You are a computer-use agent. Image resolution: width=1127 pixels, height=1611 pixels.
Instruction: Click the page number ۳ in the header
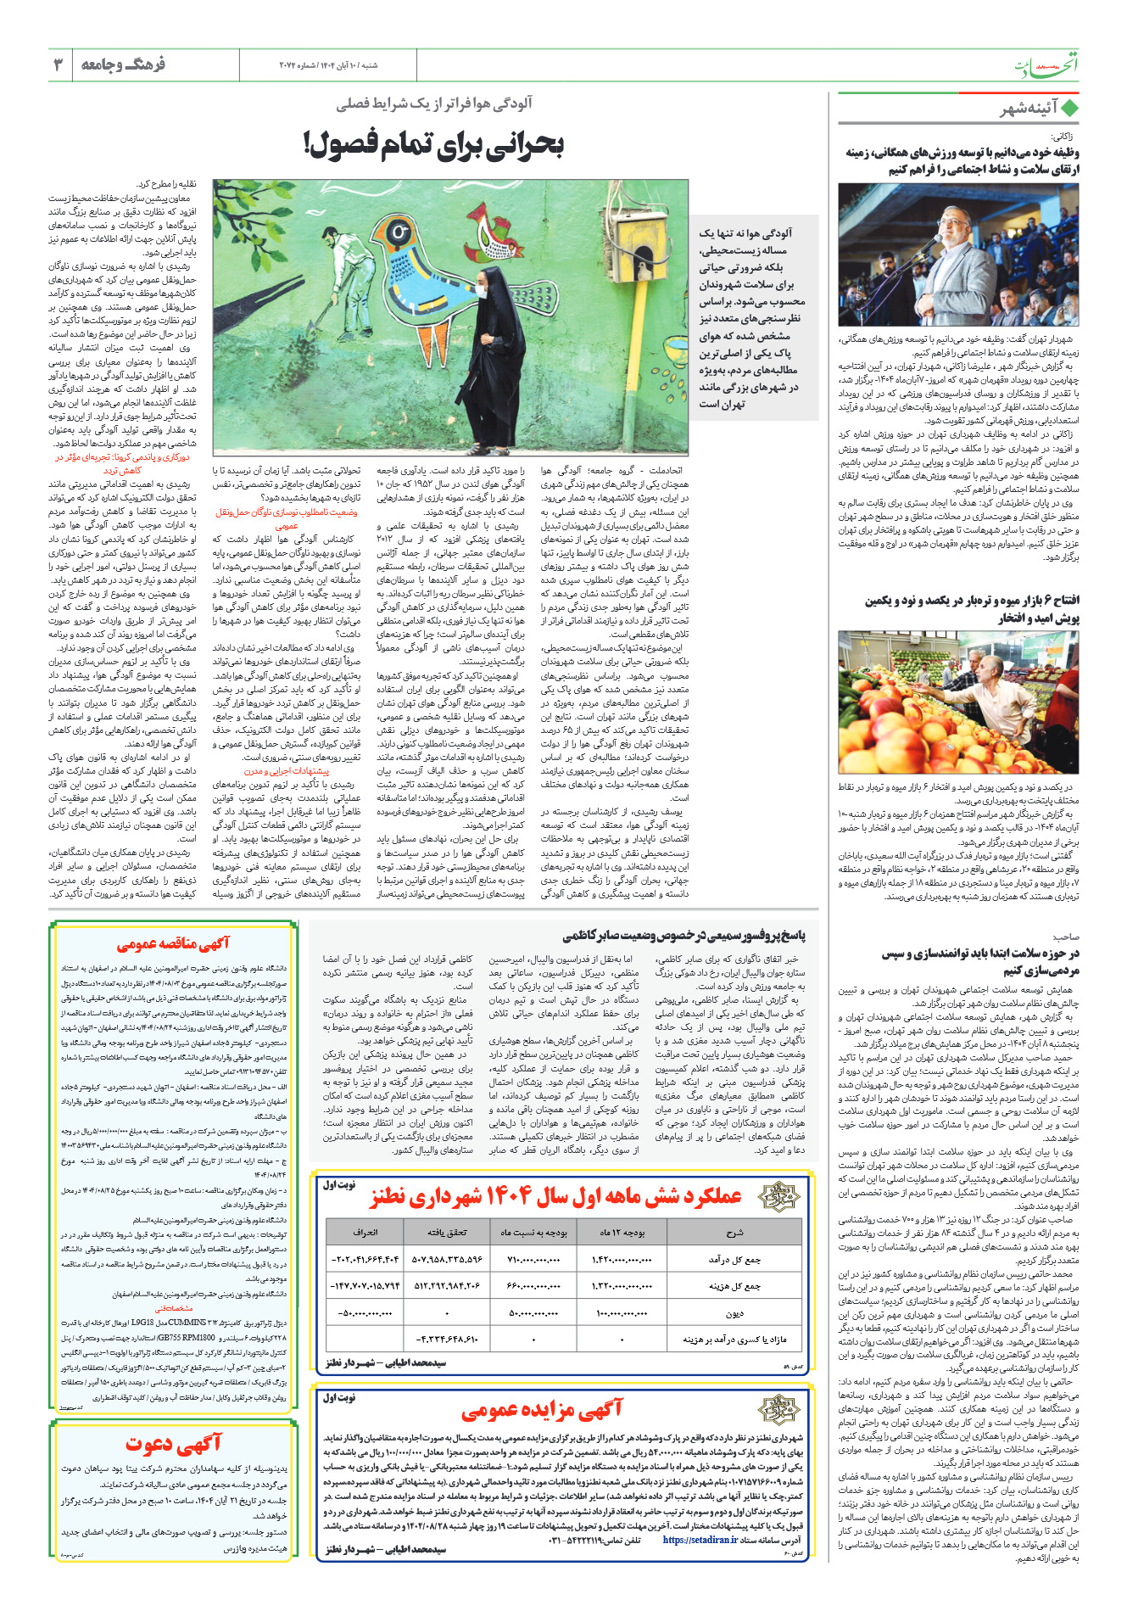(x=59, y=64)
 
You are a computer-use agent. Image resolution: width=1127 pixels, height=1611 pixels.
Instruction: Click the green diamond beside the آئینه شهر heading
(x=1069, y=108)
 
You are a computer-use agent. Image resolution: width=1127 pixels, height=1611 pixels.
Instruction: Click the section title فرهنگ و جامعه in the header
(x=123, y=64)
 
